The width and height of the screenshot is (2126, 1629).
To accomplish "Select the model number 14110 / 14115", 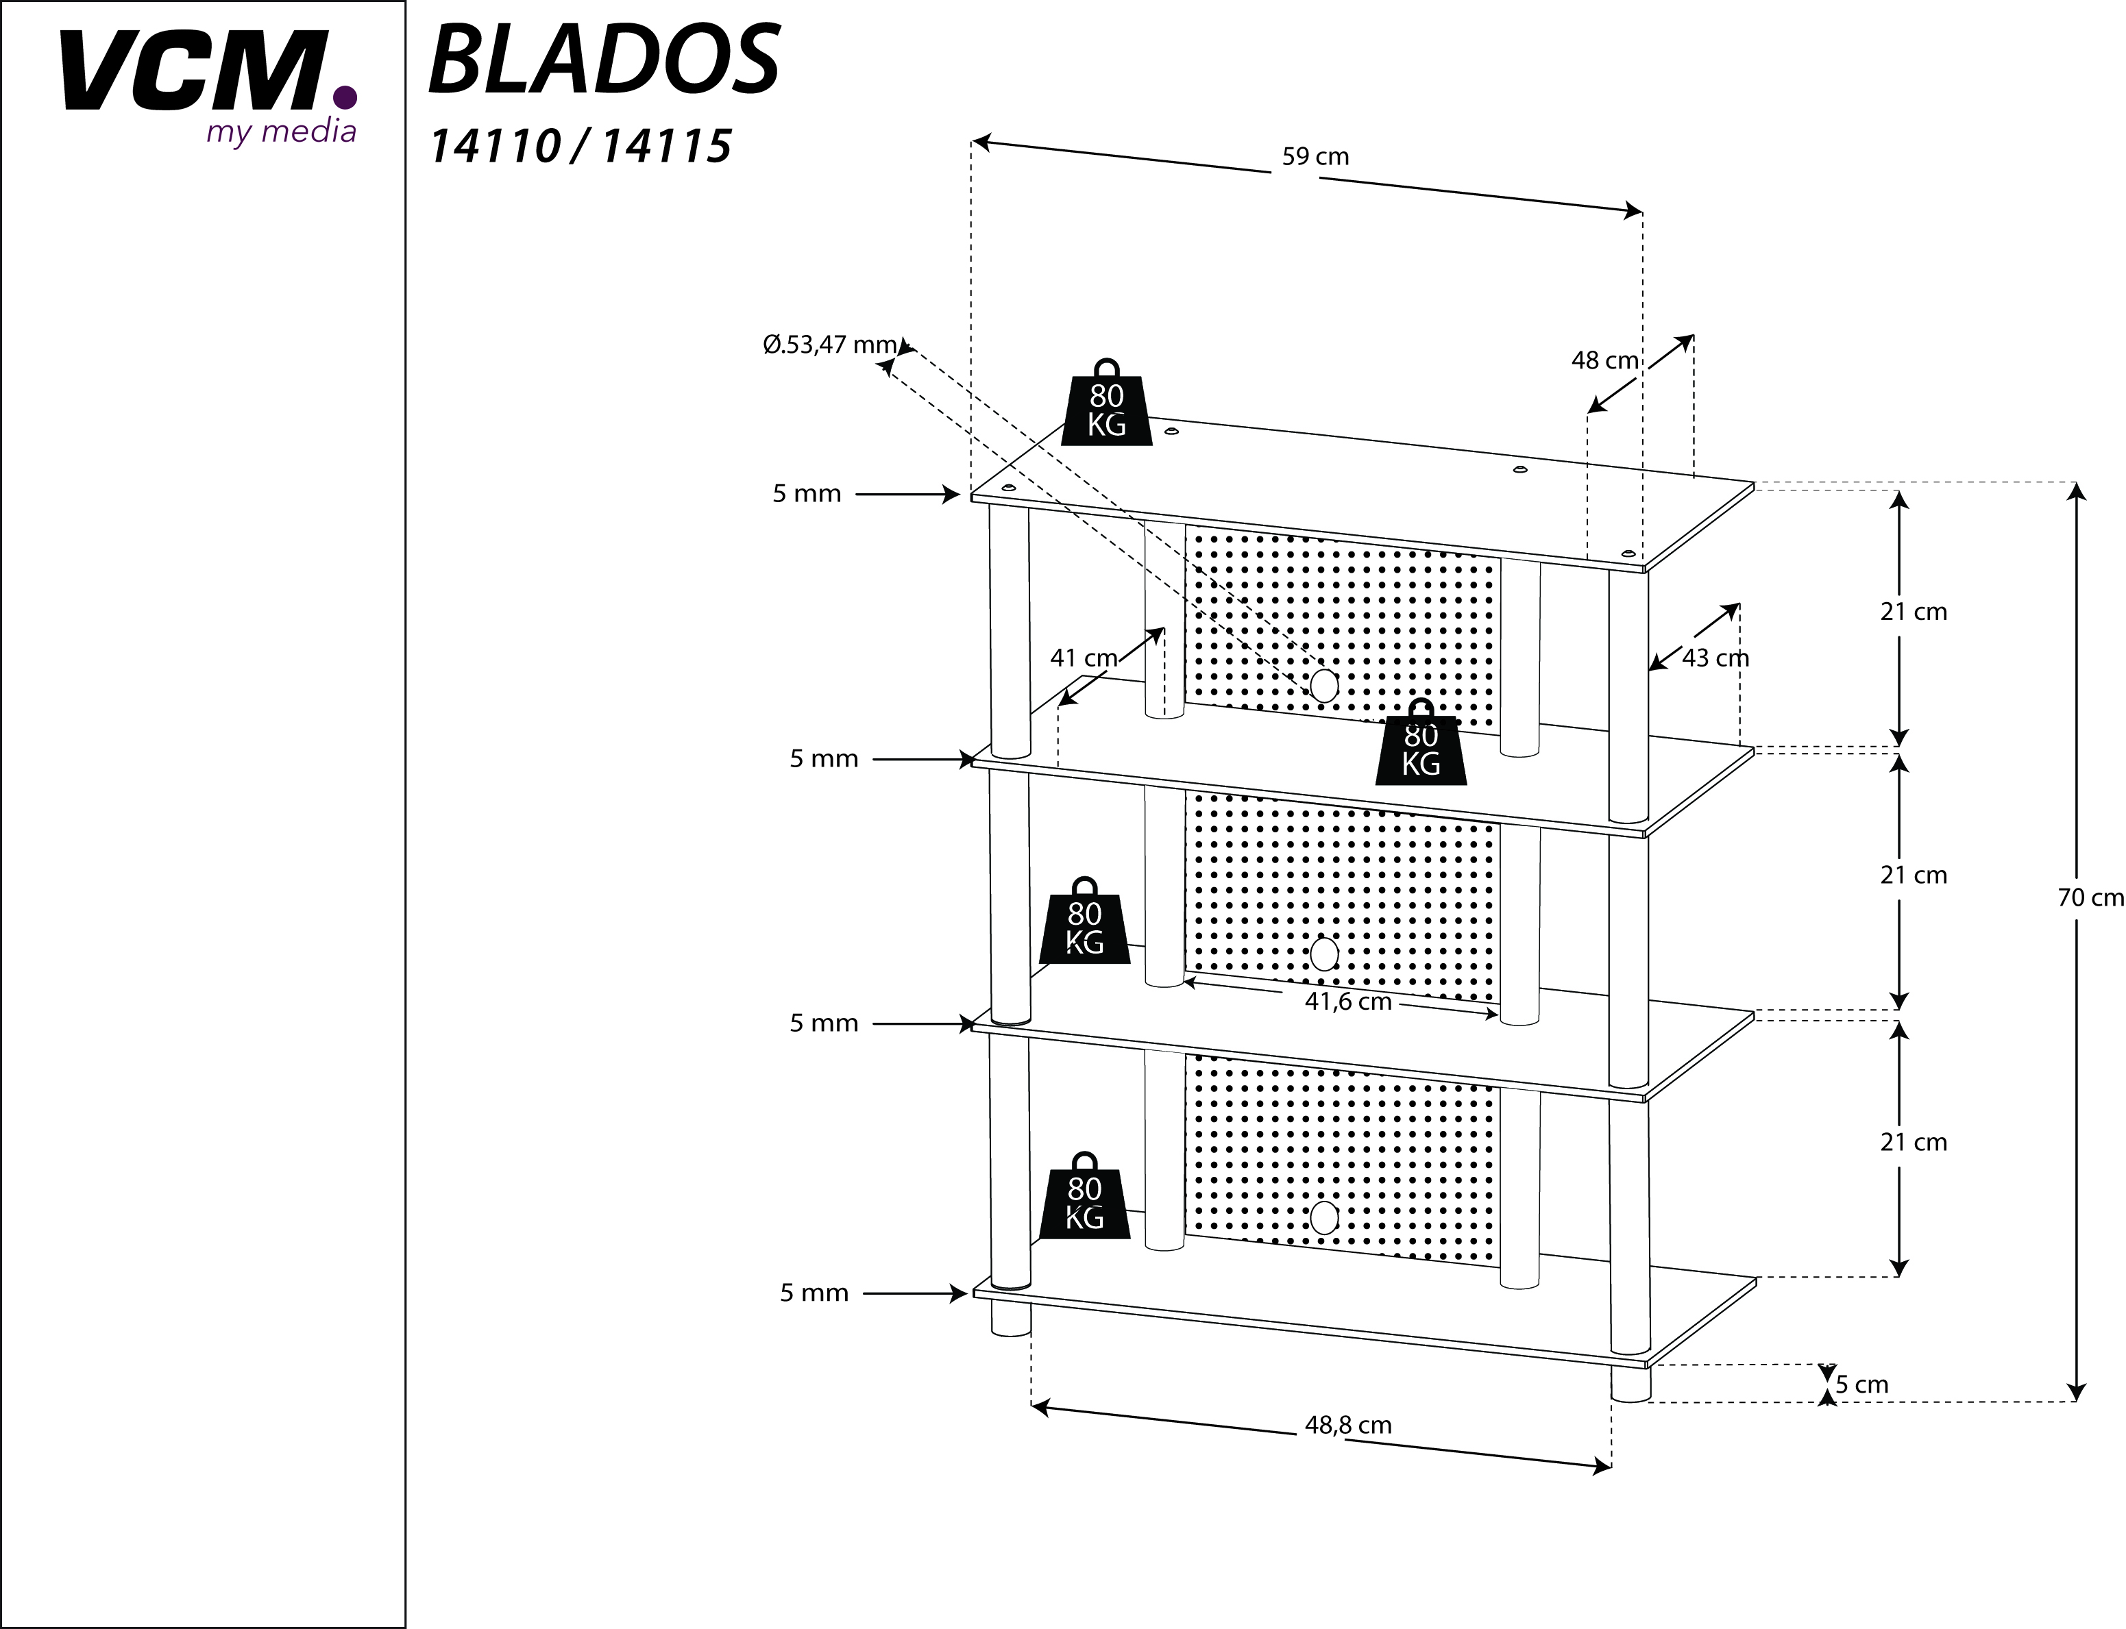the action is tap(580, 147).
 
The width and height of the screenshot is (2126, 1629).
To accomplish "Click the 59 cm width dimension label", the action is tap(1315, 157).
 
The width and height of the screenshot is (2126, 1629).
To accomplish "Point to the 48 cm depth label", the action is tap(1605, 361).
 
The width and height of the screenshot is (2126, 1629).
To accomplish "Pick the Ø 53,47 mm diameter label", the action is tap(830, 344).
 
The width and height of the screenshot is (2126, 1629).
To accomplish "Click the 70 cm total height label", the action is tap(2091, 898).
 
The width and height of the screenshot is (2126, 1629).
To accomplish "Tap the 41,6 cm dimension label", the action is tap(1348, 1002).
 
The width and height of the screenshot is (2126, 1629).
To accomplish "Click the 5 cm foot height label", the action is tap(1862, 1384).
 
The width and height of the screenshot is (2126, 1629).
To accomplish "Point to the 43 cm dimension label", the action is tap(1715, 658).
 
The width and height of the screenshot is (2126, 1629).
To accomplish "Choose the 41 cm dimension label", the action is tap(1084, 658).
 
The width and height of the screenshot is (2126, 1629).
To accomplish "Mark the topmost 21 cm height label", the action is tap(1914, 612).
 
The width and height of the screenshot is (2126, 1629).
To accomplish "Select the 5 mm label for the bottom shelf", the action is tap(815, 1293).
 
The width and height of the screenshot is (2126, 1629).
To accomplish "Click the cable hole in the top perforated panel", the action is tap(1323, 686).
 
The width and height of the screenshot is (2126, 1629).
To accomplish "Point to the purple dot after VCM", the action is tap(344, 98).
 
